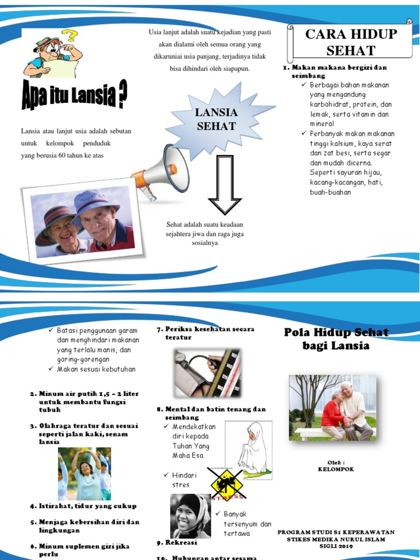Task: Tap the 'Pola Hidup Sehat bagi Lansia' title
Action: pyautogui.click(x=336, y=339)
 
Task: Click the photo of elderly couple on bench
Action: pyautogui.click(x=332, y=408)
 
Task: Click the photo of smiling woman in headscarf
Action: pyautogui.click(x=190, y=515)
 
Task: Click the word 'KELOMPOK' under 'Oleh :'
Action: pyautogui.click(x=336, y=469)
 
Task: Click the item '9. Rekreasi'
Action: pyautogui.click(x=177, y=543)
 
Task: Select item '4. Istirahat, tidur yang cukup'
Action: pyautogui.click(x=83, y=506)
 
